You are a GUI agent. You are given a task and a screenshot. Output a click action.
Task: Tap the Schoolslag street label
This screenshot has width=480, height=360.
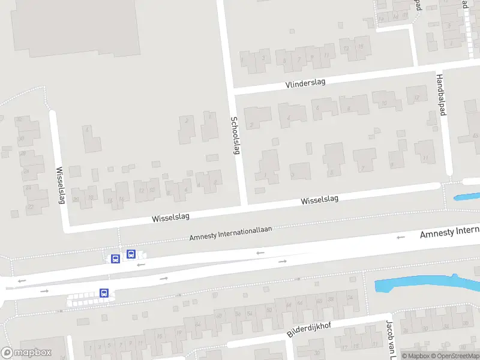click(x=235, y=135)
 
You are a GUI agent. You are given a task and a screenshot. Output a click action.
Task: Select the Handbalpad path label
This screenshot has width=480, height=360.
click(x=442, y=99)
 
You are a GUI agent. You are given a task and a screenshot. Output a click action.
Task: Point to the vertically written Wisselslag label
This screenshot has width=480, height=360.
click(x=60, y=185)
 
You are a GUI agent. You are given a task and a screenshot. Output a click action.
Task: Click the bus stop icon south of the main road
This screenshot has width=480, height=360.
click(x=104, y=293)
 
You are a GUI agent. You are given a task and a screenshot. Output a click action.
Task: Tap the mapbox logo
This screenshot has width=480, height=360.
click(x=25, y=353)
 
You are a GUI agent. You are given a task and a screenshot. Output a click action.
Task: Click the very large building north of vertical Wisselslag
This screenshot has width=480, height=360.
click(x=75, y=27)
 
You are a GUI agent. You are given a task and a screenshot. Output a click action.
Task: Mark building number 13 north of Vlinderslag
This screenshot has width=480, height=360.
click(x=346, y=47)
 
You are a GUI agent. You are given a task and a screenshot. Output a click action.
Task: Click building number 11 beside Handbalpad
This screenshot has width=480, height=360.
click(x=425, y=153)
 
